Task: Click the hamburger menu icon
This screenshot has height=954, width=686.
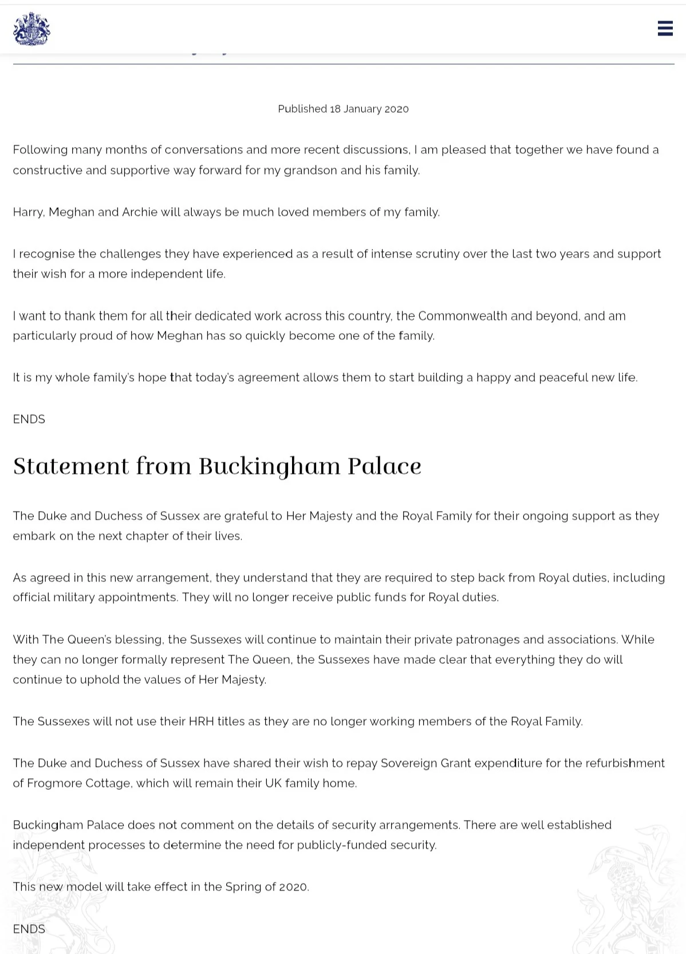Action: (665, 28)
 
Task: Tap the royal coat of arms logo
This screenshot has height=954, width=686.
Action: (31, 29)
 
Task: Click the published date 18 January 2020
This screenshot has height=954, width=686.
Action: (369, 109)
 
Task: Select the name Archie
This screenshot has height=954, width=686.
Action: (140, 212)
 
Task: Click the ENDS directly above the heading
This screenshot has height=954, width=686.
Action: (29, 419)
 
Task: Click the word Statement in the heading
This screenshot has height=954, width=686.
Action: (71, 466)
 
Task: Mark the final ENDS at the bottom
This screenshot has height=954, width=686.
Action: (29, 929)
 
